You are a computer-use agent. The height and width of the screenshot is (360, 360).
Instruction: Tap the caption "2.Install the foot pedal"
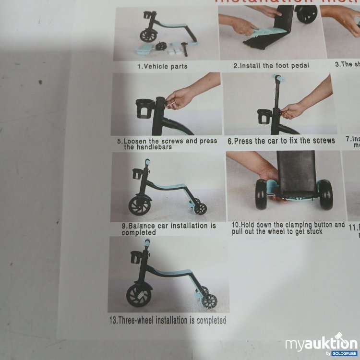(x=271, y=66)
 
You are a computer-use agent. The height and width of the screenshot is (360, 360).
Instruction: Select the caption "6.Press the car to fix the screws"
(x=281, y=141)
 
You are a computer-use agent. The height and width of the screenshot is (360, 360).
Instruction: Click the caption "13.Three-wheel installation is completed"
(x=168, y=320)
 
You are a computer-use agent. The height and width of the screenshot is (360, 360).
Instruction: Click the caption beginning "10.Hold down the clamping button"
(x=288, y=228)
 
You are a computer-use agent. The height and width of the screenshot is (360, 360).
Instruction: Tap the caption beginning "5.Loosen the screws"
(x=167, y=144)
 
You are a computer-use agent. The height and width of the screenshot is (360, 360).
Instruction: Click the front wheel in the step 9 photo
(x=139, y=205)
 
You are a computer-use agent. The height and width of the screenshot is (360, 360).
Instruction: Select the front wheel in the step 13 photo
(x=138, y=295)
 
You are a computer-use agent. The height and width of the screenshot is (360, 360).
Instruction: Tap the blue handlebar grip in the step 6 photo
(x=277, y=78)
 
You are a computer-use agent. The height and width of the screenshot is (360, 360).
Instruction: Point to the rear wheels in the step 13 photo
(x=207, y=298)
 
